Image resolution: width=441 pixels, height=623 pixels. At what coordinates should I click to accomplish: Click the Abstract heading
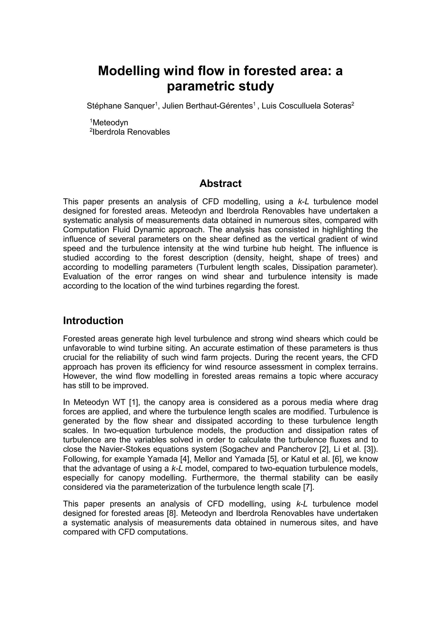[220, 184]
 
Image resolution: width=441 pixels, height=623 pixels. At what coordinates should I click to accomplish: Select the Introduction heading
[93, 321]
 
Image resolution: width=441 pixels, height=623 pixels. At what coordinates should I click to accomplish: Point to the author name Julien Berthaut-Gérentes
[207, 106]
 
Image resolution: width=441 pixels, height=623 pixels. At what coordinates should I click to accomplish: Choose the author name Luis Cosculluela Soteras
[306, 106]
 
